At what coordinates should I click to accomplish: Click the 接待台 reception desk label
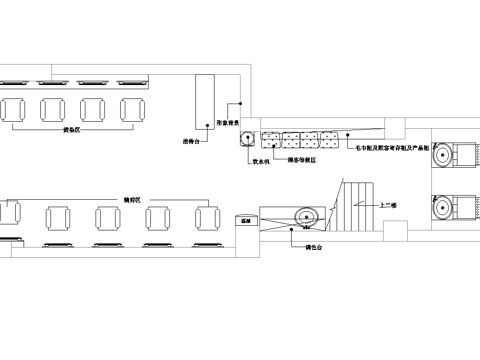tap(194, 141)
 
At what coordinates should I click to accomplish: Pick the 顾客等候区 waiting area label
tap(302, 159)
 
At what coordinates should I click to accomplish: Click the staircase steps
tap(356, 204)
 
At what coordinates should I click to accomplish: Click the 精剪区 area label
tap(132, 199)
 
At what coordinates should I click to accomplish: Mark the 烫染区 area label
tap(72, 130)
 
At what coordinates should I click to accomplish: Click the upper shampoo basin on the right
tap(443, 155)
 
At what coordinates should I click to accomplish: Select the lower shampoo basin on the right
tap(443, 206)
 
